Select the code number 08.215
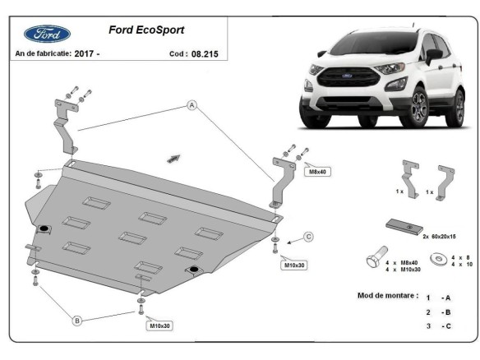pyautogui.click(x=206, y=53)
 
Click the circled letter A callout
pyautogui.click(x=191, y=105)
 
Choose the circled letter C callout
pyautogui.click(x=308, y=237)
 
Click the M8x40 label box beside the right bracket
pyautogui.click(x=317, y=172)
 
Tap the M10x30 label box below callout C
pyautogui.click(x=294, y=265)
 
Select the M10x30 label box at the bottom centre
pyautogui.click(x=159, y=326)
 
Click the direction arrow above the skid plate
pyautogui.click(x=174, y=155)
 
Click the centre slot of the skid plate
pyautogui.click(x=131, y=238)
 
